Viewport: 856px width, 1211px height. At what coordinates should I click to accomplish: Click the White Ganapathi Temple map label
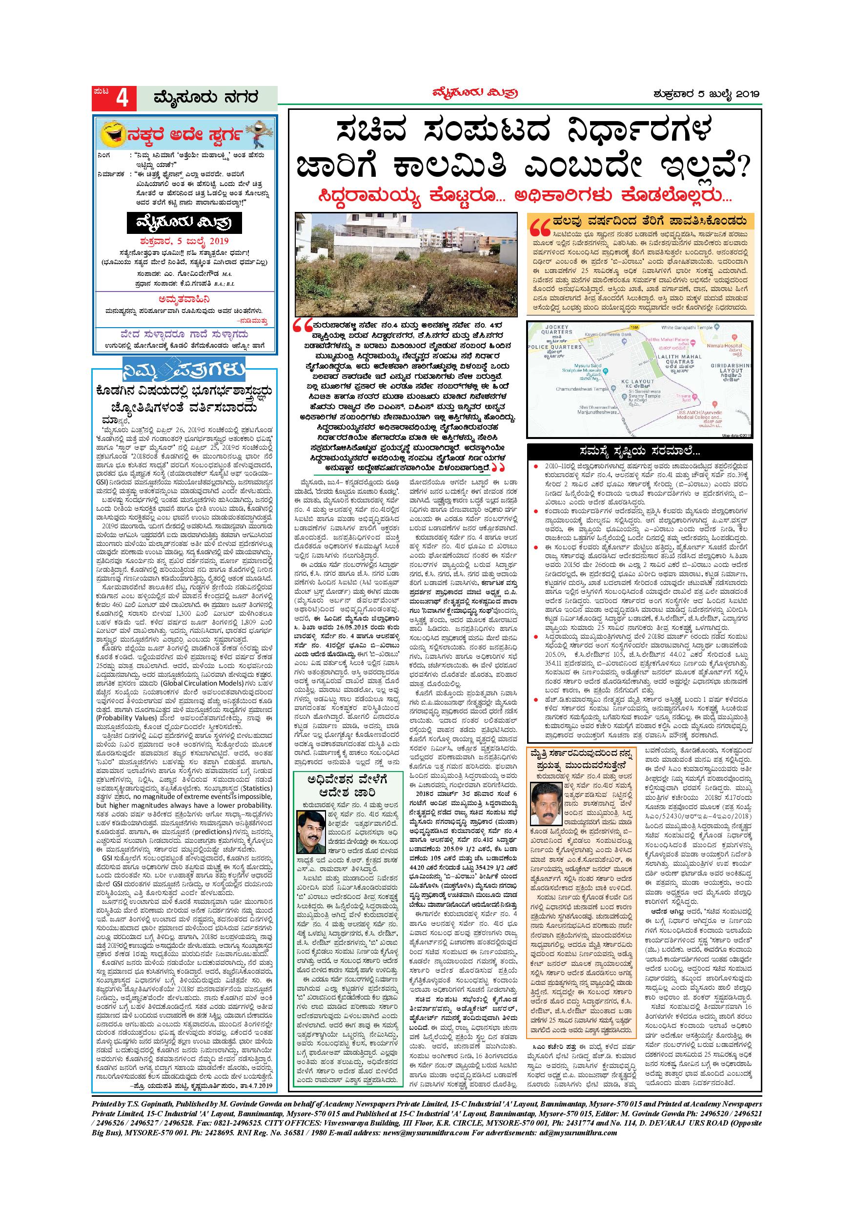click(x=683, y=328)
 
